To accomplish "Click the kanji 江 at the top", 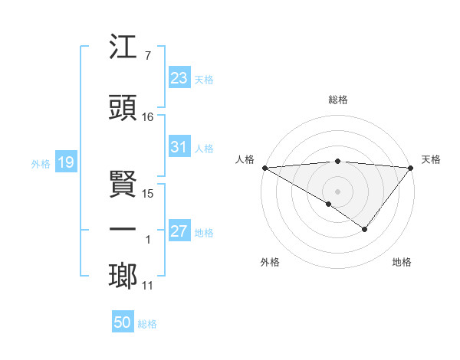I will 123,47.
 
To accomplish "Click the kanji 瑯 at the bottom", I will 123,277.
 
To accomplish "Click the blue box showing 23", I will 179,78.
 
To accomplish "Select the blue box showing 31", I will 179,147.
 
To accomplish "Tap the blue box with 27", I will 179,231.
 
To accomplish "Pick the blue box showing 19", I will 65,162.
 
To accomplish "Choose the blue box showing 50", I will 122,322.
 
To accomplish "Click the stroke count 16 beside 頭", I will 148,117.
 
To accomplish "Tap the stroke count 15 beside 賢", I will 148,194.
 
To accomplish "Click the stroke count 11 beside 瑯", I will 148,286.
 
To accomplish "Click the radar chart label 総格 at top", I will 337,100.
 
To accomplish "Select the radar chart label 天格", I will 431,159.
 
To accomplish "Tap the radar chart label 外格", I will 270,262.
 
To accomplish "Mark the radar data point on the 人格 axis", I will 264,168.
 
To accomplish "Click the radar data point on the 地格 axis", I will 365,229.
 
